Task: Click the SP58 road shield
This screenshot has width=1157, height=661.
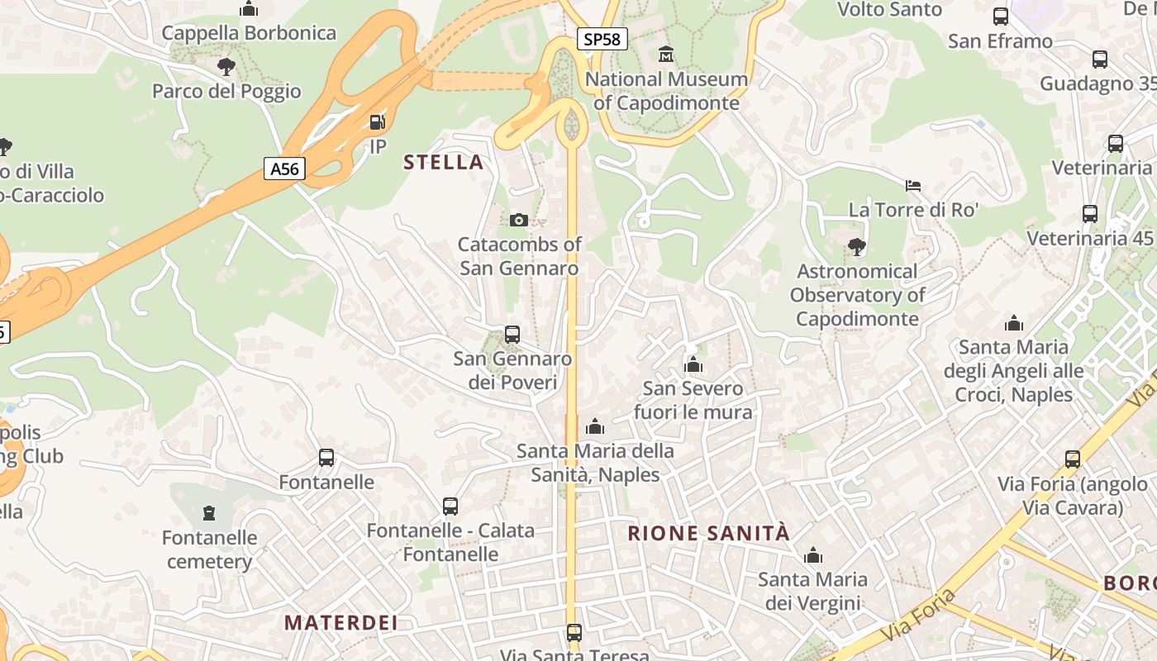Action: click(x=602, y=39)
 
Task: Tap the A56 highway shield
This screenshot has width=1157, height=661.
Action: click(x=285, y=169)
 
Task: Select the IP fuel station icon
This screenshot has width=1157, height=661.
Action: click(x=377, y=122)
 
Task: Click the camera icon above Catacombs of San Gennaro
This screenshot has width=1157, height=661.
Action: click(x=519, y=220)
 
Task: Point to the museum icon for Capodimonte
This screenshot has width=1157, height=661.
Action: click(x=665, y=55)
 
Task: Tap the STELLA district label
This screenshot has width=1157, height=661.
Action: click(x=444, y=162)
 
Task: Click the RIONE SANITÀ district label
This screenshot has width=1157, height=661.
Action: click(x=709, y=533)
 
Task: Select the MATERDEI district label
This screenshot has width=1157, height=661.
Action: click(x=341, y=622)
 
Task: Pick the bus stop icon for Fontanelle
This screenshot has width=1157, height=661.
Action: click(x=326, y=458)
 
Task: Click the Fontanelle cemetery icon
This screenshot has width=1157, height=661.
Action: click(x=208, y=513)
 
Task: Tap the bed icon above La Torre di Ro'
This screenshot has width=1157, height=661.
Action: click(x=913, y=185)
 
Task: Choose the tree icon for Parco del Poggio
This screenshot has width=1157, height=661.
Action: click(x=226, y=67)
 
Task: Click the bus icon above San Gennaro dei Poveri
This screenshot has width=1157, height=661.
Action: click(x=512, y=335)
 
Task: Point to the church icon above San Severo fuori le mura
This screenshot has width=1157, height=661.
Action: click(x=693, y=364)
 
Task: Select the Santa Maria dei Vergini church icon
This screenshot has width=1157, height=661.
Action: click(x=814, y=555)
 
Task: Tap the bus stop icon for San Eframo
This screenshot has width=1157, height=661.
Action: click(x=1000, y=17)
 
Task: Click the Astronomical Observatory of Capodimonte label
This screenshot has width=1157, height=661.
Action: click(x=857, y=295)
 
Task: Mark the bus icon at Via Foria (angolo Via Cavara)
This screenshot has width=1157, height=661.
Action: click(x=1073, y=459)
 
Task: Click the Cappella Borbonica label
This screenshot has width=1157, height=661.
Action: click(x=249, y=33)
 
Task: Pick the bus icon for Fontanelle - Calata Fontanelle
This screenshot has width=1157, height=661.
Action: click(x=450, y=506)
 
